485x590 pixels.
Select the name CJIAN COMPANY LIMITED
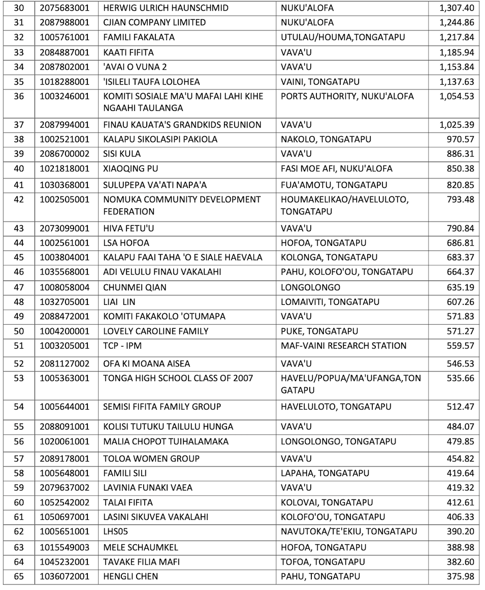click(154, 22)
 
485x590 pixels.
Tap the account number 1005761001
click(64, 37)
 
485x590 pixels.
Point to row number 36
click(19, 96)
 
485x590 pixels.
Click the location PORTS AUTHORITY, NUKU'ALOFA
click(347, 96)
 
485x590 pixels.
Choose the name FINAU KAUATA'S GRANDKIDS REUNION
click(182, 125)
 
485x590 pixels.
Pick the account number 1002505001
click(64, 199)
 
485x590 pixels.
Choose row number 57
click(19, 458)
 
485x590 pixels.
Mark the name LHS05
click(117, 531)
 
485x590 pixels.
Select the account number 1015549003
click(64, 547)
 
